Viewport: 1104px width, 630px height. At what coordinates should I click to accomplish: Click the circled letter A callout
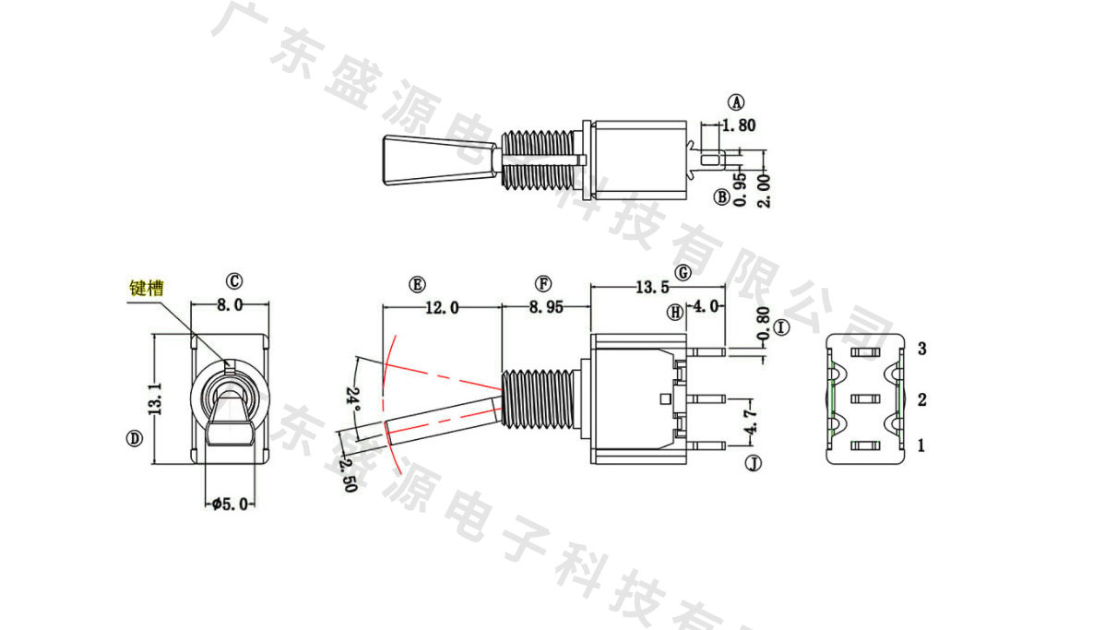click(736, 102)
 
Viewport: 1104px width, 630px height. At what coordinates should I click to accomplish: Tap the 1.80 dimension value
click(739, 125)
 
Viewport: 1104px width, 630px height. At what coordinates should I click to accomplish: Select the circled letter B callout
click(721, 197)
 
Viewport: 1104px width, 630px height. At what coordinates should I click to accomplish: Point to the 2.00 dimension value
click(765, 191)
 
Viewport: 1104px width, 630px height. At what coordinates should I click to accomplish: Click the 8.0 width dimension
click(230, 304)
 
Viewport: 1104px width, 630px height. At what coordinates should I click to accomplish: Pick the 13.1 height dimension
click(156, 398)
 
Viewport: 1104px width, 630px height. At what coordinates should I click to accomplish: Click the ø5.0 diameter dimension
click(231, 504)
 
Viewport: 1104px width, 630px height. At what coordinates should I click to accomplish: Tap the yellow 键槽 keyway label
click(147, 288)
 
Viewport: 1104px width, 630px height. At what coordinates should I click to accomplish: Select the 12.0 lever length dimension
click(442, 307)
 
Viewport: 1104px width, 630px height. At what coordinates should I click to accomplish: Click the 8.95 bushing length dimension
click(546, 307)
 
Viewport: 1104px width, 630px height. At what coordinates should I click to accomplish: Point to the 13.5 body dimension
click(652, 287)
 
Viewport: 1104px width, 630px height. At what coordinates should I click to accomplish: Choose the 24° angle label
click(352, 398)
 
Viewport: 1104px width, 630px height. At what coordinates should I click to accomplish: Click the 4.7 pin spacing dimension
click(752, 420)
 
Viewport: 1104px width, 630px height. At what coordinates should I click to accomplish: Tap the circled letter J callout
click(754, 463)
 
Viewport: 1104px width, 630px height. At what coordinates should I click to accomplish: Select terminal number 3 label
click(921, 349)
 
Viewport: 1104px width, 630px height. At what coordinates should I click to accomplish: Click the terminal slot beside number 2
click(865, 399)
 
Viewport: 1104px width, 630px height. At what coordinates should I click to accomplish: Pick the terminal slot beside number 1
click(865, 445)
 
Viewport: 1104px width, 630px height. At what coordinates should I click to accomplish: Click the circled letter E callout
click(417, 284)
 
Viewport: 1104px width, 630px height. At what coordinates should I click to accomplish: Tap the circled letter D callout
click(134, 438)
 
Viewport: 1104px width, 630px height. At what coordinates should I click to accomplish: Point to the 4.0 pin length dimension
click(706, 306)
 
